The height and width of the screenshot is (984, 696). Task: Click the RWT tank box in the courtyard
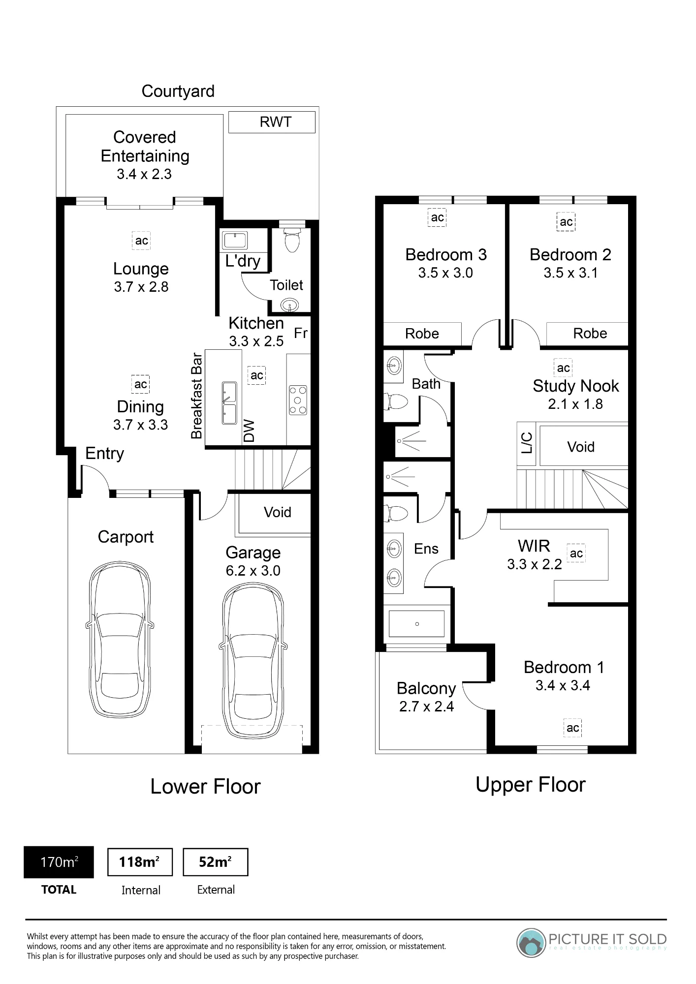(272, 122)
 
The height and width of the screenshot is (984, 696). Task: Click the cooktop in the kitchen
(298, 400)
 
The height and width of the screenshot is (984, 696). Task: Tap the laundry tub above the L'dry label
(235, 241)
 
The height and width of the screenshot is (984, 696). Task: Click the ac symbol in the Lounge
(141, 241)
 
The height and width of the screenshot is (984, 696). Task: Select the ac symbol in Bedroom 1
(572, 728)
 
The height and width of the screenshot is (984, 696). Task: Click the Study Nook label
(576, 386)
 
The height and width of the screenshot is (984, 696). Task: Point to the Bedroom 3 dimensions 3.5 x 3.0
(445, 273)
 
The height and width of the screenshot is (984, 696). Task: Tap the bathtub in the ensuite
(416, 624)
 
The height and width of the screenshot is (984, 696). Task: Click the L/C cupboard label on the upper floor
(527, 443)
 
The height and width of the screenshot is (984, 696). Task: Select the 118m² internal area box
(140, 862)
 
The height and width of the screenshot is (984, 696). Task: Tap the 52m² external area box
(216, 862)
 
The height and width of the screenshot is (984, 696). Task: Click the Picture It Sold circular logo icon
(531, 943)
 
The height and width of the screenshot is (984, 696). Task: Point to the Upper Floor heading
(531, 785)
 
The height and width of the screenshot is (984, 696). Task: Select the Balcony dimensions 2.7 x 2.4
(426, 707)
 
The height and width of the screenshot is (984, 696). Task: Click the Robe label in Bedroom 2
(590, 334)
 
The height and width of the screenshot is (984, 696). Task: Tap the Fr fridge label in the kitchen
(301, 333)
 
